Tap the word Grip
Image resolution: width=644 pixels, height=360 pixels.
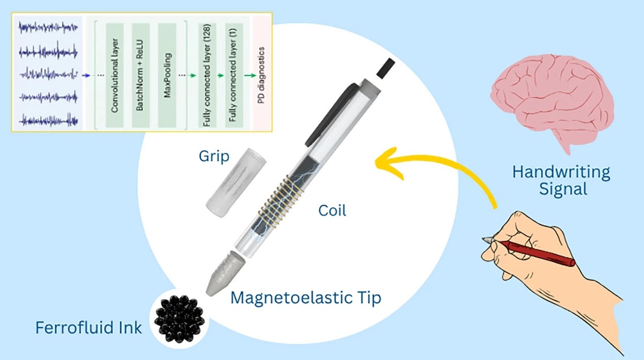click(x=214, y=156)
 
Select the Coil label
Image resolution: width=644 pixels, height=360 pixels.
click(x=332, y=211)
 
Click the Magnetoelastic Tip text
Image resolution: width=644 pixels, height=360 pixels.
click(x=306, y=298)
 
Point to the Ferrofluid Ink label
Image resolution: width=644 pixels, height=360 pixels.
click(x=89, y=328)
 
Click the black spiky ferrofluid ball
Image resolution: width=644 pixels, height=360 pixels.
click(x=180, y=318)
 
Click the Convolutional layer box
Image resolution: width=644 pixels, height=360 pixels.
click(x=115, y=75)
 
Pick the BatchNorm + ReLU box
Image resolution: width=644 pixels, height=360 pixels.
click(x=141, y=75)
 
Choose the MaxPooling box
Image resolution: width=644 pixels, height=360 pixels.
click(x=167, y=75)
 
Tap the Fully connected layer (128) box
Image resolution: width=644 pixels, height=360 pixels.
click(x=207, y=75)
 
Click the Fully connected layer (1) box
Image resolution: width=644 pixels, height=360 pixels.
click(x=234, y=75)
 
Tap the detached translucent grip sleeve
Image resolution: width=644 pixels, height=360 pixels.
click(x=235, y=183)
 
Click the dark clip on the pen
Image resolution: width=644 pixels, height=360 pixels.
click(x=331, y=115)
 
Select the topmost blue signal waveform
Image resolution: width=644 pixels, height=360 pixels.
click(x=48, y=28)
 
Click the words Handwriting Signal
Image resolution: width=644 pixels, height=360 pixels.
click(x=561, y=180)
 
